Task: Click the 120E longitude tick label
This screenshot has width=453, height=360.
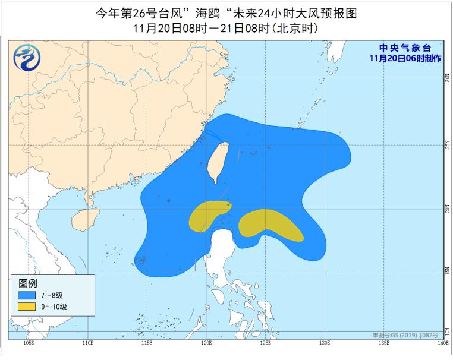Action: (x=206, y=343)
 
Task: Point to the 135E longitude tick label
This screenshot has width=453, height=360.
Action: (x=383, y=343)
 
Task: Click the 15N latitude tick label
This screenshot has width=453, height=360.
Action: (x=446, y=270)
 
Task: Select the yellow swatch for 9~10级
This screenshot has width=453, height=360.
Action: (x=27, y=307)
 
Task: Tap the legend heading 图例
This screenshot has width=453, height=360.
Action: (x=28, y=282)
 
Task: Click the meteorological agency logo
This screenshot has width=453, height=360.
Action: (x=25, y=58)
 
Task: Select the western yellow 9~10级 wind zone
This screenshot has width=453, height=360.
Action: (x=208, y=215)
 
